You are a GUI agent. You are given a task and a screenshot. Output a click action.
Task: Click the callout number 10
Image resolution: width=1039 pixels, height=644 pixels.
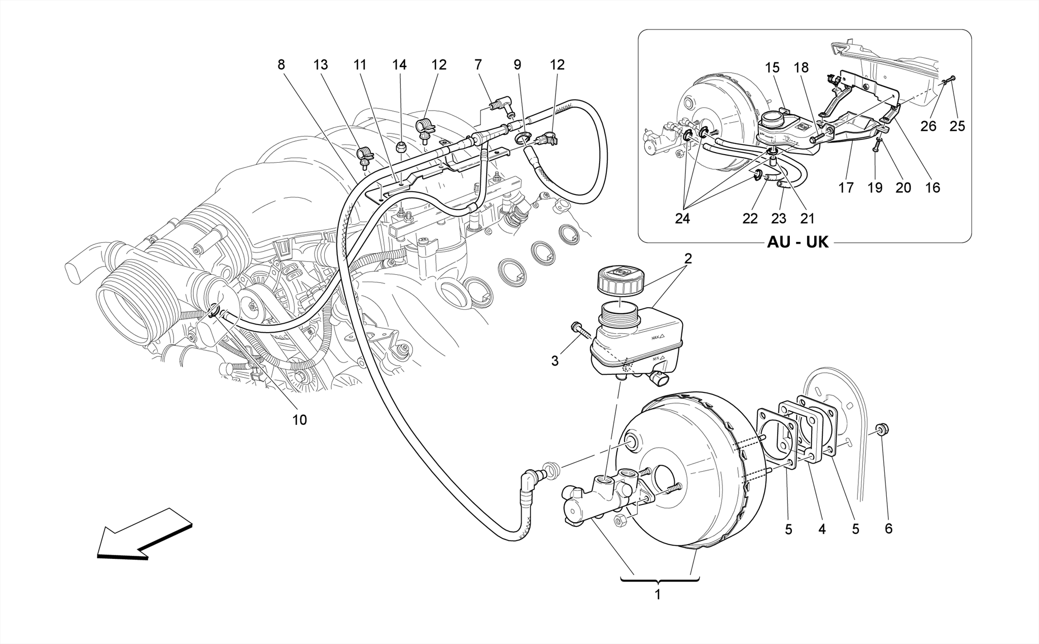[x=299, y=420]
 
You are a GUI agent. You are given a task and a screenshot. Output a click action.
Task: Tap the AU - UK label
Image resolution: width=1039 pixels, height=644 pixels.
[x=798, y=242]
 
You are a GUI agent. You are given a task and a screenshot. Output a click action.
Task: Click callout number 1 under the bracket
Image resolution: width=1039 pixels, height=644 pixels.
[x=657, y=595]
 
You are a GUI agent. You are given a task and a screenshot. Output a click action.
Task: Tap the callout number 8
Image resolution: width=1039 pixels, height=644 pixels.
[x=281, y=65]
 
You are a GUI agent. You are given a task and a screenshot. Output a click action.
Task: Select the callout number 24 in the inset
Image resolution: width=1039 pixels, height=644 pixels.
[x=682, y=219]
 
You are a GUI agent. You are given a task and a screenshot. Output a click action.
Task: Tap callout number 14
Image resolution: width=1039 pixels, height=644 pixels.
[x=399, y=65]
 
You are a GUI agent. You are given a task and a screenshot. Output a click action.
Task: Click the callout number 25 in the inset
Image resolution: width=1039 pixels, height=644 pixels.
[x=957, y=126]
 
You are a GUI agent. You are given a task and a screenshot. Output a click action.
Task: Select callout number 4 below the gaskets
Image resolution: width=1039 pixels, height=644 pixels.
[x=821, y=529]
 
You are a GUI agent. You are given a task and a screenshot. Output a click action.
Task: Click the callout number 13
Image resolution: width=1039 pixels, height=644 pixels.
[x=321, y=65]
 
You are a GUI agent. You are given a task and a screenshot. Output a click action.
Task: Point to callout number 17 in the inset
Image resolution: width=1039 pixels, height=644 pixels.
[x=846, y=188]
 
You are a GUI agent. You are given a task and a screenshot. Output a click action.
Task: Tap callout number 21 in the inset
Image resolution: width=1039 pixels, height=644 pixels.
[x=807, y=219]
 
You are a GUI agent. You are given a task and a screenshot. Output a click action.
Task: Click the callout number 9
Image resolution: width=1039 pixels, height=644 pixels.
[x=517, y=65]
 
